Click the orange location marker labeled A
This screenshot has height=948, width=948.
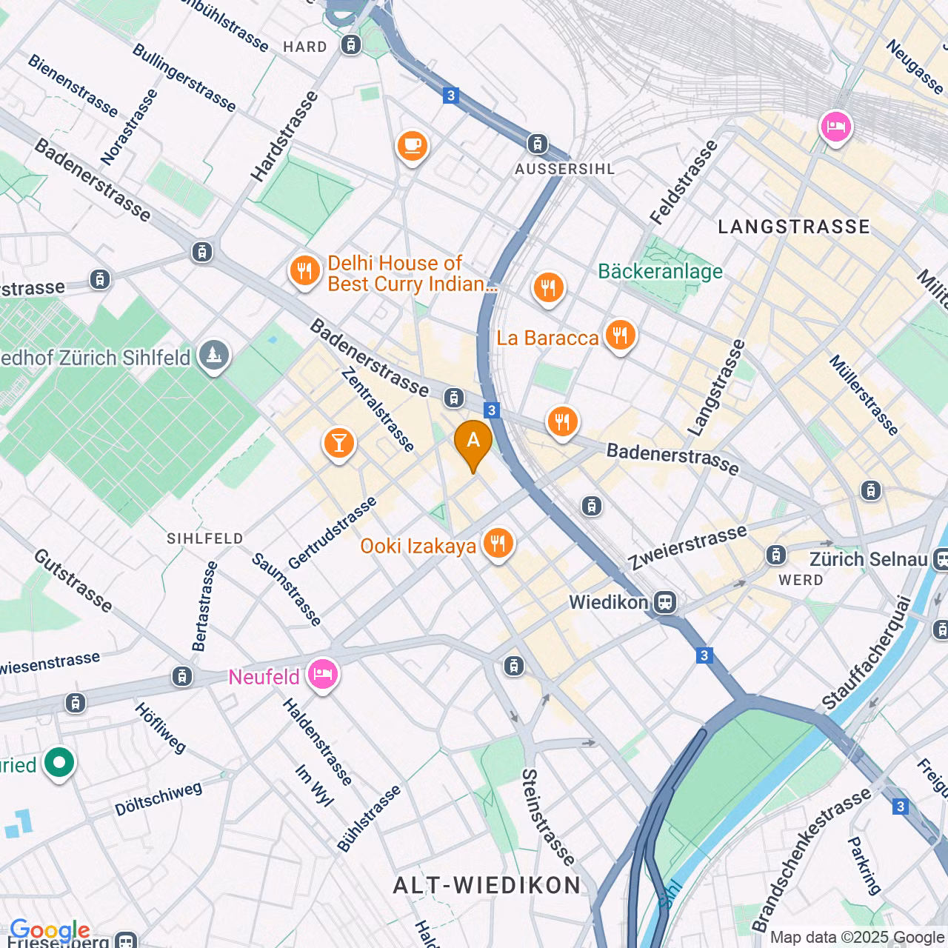point(473,442)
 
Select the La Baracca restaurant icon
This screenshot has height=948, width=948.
point(620,336)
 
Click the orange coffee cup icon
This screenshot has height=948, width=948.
point(412,144)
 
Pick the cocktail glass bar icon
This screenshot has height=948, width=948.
point(339,444)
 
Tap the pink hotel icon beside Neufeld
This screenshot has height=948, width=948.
point(323,675)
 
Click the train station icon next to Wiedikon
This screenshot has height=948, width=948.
point(665,602)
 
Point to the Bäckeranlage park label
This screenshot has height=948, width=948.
point(660,272)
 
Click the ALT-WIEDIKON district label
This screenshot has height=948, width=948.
point(487,885)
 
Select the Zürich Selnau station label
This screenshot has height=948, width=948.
point(868,559)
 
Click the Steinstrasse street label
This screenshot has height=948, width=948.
point(547,817)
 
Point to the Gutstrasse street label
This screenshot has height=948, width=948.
point(73,581)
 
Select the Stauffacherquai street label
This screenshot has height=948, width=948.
point(866,652)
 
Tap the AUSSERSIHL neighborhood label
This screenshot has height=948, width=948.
point(564,169)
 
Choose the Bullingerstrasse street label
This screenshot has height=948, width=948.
point(184,78)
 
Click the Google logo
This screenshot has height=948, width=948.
point(50,930)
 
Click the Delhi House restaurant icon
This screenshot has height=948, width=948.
point(304,272)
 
